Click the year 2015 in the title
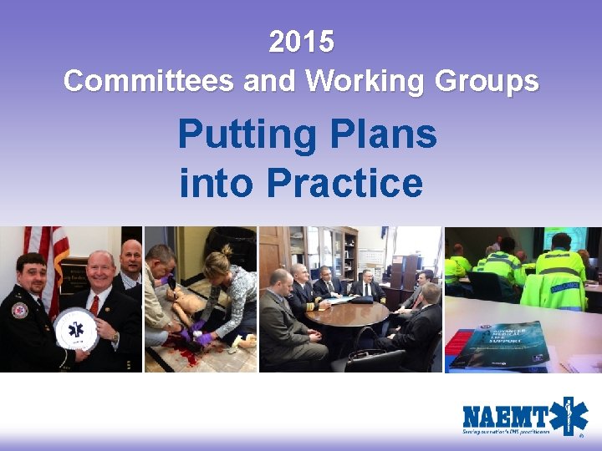coord(301,41)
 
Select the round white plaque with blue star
coord(75,329)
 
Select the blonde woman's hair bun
coord(226,250)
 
